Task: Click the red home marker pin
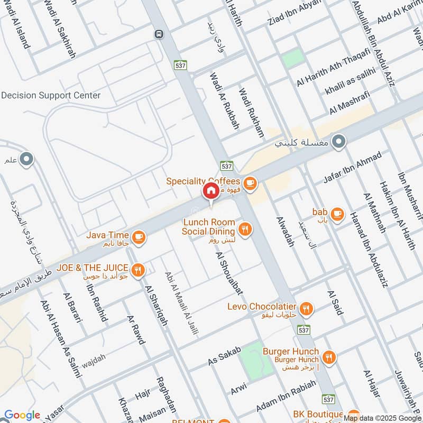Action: (x=210, y=191)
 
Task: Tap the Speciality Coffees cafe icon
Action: (x=250, y=183)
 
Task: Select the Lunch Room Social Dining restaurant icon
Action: (x=244, y=228)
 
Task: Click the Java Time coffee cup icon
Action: (x=139, y=237)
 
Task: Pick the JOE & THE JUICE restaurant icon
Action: (x=138, y=270)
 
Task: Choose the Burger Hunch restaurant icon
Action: (x=328, y=357)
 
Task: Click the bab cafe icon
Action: (x=337, y=215)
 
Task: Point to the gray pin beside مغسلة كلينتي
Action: (x=339, y=142)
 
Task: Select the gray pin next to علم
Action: (x=26, y=158)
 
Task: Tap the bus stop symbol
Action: (x=158, y=34)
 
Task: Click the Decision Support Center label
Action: (x=51, y=96)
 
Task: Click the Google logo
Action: (x=22, y=415)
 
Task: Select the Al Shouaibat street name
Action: (x=229, y=273)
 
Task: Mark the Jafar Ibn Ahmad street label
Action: (x=352, y=168)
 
